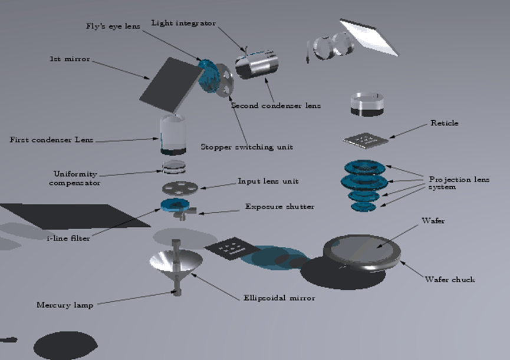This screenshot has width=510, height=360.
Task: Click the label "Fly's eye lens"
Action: click(113, 28)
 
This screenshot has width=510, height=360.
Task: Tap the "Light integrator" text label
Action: click(183, 23)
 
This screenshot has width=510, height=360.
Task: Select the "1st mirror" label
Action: click(70, 59)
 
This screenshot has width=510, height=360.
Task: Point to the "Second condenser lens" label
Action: click(275, 105)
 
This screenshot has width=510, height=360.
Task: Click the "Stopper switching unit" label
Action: click(246, 147)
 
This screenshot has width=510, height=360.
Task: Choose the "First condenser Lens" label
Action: click(51, 140)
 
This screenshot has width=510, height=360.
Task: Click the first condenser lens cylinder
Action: click(173, 135)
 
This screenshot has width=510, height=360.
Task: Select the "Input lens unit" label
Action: click(268, 181)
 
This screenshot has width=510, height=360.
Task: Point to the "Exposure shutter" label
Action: click(279, 207)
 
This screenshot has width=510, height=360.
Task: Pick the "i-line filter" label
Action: click(68, 238)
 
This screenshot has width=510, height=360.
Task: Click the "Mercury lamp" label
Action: click(65, 305)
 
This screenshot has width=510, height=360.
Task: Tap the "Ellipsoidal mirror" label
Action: click(279, 298)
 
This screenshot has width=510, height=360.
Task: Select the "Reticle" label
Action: click(444, 123)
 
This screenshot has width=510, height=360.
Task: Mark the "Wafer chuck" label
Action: click(450, 279)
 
